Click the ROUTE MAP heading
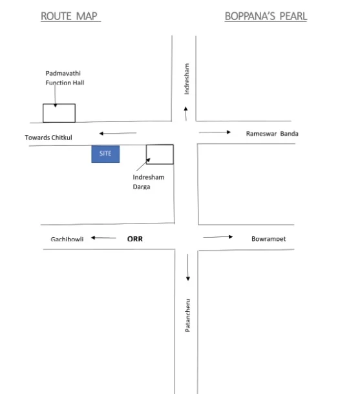(x=69, y=16)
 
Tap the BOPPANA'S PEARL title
(x=266, y=16)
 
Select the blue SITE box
(x=105, y=154)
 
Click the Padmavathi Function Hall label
(x=65, y=78)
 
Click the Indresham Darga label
(x=148, y=182)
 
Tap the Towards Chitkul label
(x=48, y=138)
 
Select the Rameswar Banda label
(x=272, y=134)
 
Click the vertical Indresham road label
(x=187, y=79)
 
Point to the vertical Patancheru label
(x=187, y=315)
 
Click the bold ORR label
(x=135, y=238)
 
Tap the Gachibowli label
(x=67, y=239)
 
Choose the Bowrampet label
(x=268, y=239)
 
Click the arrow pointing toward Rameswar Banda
(x=215, y=132)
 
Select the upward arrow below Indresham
(x=185, y=114)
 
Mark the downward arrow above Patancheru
(x=188, y=267)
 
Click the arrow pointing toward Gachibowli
(x=103, y=238)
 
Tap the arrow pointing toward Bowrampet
(x=218, y=236)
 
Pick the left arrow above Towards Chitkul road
(x=118, y=133)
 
